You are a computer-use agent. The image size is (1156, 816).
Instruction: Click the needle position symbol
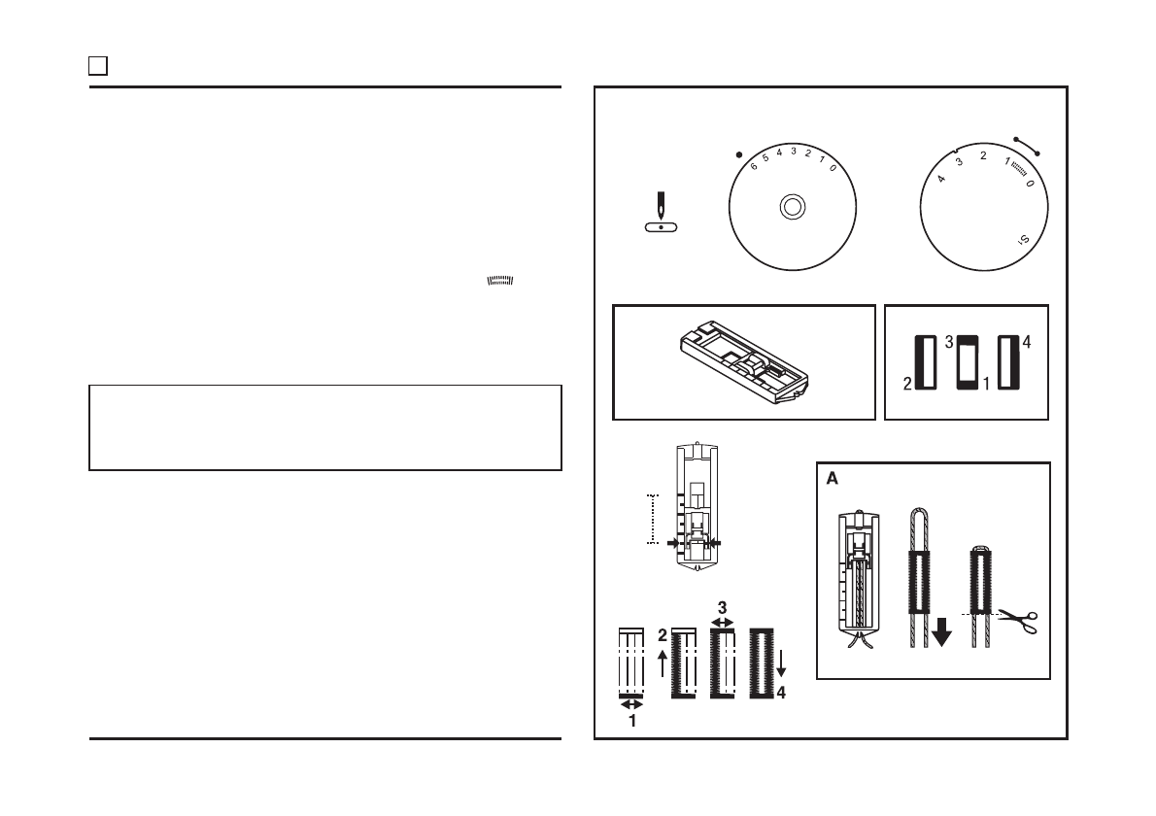coord(661,216)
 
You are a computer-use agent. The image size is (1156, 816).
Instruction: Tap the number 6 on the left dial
coord(755,166)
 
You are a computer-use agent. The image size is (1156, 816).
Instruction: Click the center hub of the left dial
coord(793,207)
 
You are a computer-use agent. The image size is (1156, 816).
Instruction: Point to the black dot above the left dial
coord(739,153)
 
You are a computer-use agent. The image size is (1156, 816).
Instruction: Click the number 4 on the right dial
coord(941,179)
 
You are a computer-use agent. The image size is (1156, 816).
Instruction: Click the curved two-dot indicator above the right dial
coord(1028,146)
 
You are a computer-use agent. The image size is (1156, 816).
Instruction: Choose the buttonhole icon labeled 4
coord(1009,361)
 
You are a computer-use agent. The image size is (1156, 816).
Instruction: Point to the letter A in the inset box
coord(833,478)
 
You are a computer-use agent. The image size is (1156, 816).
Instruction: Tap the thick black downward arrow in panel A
coord(941,637)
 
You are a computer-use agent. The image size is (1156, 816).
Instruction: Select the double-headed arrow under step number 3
coord(722,623)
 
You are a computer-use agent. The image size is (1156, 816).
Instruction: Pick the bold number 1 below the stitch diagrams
coord(632,722)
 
